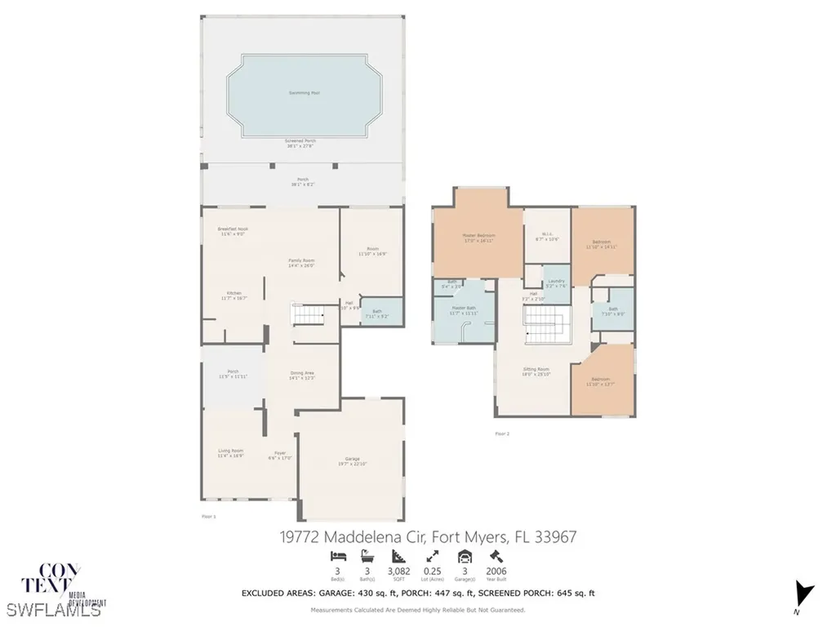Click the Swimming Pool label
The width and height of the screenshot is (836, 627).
(304, 93)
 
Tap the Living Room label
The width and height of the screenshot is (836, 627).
(230, 451)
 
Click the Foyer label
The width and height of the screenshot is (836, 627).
(280, 454)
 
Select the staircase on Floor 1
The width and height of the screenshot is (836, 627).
(308, 313)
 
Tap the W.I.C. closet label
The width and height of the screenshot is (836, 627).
(545, 234)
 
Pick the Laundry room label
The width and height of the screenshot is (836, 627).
(556, 281)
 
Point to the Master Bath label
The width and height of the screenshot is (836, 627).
(462, 309)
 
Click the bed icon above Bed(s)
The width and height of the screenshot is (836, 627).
(338, 556)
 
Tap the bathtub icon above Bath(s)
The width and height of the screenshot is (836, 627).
(367, 556)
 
